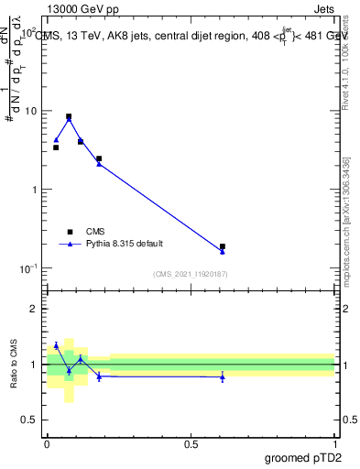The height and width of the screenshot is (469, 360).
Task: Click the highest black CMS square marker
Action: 69,117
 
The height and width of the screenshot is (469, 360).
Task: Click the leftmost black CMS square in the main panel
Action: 56,147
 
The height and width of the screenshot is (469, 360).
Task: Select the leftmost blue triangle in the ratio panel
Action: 56,345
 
